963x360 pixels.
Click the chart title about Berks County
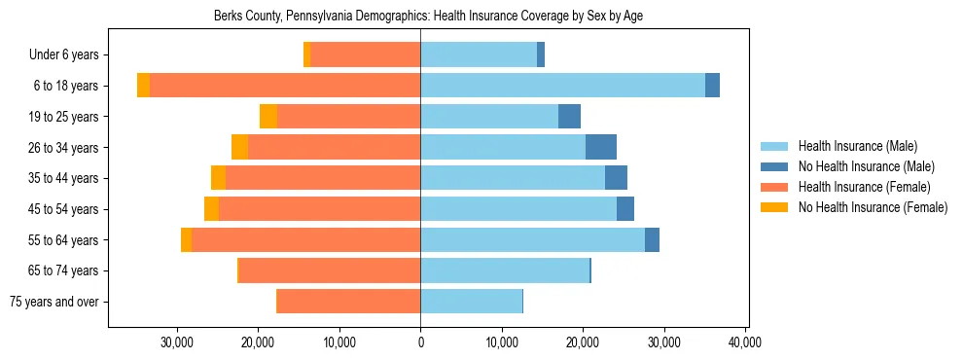428,16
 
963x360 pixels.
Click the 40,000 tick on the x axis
744,343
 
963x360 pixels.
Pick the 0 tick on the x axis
420,343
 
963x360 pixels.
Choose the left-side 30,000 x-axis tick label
177,343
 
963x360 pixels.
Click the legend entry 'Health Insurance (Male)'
857,146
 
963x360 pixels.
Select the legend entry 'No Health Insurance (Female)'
873,207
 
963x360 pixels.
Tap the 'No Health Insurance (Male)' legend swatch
775,166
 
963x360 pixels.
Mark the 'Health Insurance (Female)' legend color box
775,187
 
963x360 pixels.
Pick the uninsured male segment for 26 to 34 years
601,147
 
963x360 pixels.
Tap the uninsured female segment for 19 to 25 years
268,117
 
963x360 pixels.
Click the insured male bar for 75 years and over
471,302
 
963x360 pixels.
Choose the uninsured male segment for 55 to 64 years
652,239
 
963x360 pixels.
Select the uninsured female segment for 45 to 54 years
211,209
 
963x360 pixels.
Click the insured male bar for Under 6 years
479,55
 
